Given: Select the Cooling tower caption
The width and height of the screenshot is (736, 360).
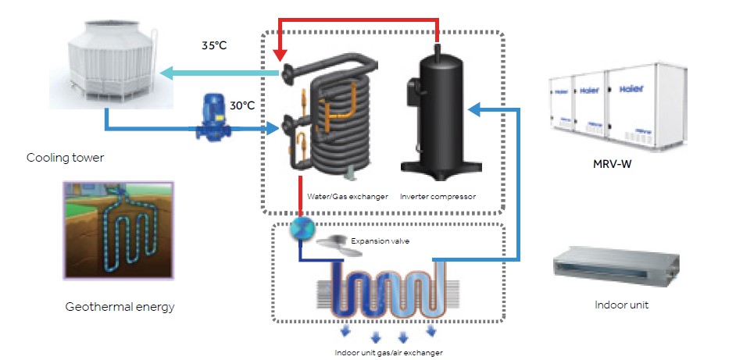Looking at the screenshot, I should point(65,158).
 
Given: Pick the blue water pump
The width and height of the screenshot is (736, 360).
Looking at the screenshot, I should point(209,118).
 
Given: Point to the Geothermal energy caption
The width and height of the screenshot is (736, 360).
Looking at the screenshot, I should point(120,307).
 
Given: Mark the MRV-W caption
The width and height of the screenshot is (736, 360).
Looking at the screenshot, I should point(614,166).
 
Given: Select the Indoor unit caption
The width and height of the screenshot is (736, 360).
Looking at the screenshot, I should point(621,305).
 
